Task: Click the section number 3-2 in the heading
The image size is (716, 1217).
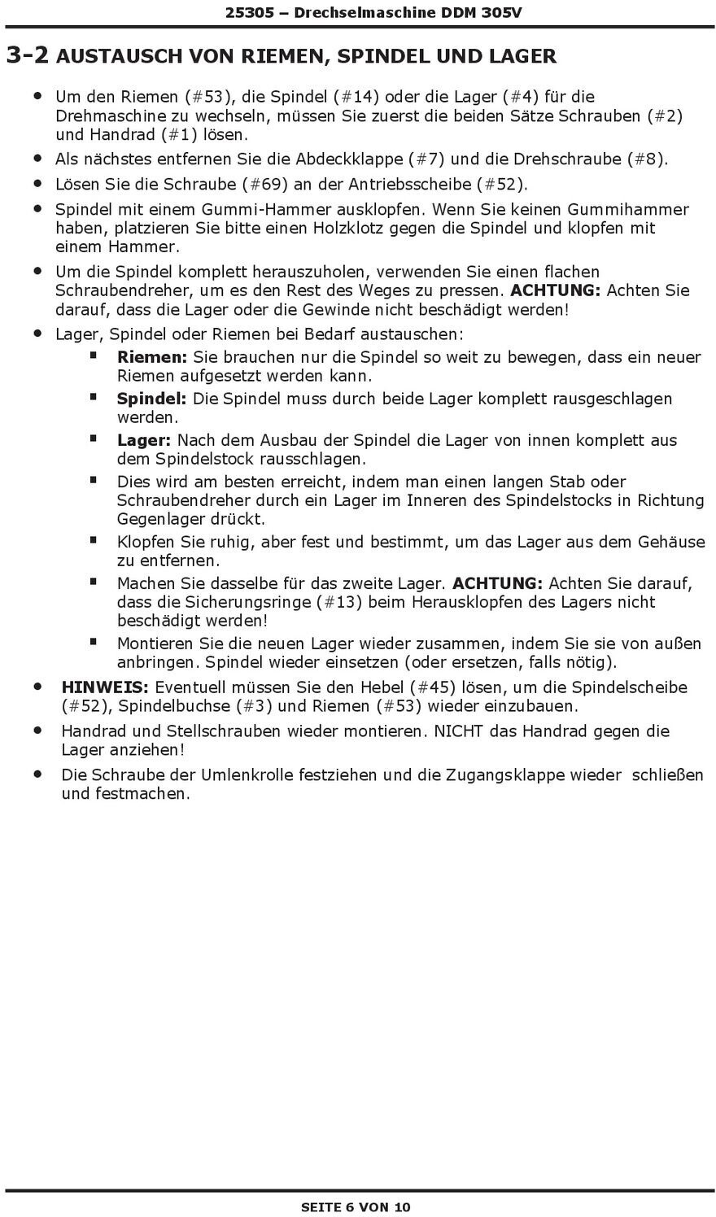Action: pyautogui.click(x=27, y=55)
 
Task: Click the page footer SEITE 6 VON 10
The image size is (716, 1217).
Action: pyautogui.click(x=356, y=1206)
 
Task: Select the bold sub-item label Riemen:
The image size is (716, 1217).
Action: pyautogui.click(x=152, y=357)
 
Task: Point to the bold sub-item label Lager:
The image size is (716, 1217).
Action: pyautogui.click(x=144, y=440)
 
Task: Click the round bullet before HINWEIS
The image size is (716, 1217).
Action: pyautogui.click(x=37, y=687)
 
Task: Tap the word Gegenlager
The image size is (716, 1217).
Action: pyautogui.click(x=167, y=519)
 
